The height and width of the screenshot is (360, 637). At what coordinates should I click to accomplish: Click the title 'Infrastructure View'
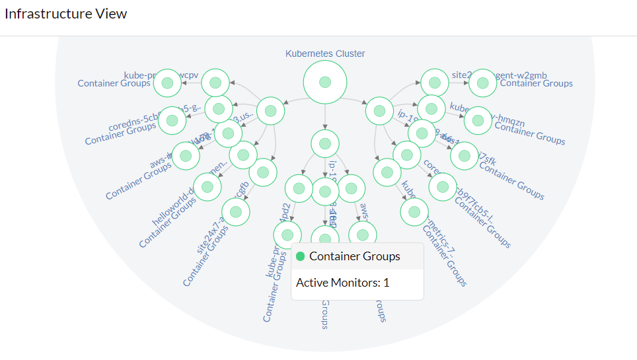tap(66, 14)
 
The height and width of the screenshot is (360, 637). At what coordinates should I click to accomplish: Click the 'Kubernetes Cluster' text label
tap(324, 54)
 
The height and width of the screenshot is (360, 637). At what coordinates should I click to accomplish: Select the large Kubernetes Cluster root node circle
tap(324, 82)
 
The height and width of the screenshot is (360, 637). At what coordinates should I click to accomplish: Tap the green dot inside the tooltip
tap(301, 256)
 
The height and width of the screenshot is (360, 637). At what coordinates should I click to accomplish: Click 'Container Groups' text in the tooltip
tap(354, 256)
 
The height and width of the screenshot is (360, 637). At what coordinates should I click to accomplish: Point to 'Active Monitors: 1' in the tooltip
tap(342, 283)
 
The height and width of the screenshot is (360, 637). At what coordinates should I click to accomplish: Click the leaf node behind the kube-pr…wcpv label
tap(167, 83)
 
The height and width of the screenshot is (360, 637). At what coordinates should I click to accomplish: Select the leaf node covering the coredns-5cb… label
tap(172, 120)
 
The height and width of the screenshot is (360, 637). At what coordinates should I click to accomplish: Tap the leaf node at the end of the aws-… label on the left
tap(186, 156)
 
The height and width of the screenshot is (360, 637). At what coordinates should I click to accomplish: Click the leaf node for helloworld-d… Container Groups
tap(207, 187)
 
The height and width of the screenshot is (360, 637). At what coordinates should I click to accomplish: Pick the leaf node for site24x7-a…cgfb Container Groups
tap(235, 211)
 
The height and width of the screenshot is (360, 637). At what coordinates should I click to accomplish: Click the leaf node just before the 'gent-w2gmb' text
tap(482, 83)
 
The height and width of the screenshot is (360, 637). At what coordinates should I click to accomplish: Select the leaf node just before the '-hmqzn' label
tap(478, 120)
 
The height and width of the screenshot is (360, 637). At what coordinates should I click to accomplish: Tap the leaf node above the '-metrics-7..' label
tap(414, 212)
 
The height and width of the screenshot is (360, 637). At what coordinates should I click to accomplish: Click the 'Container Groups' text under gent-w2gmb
tap(536, 84)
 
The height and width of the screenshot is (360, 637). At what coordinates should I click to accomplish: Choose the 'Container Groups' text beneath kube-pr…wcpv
tap(114, 84)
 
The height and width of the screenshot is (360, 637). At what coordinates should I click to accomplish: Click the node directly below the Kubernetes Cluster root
tap(324, 143)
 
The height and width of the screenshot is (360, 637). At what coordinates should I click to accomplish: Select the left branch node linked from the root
tap(270, 111)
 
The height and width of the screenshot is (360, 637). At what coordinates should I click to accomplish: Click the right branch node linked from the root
tap(379, 111)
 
